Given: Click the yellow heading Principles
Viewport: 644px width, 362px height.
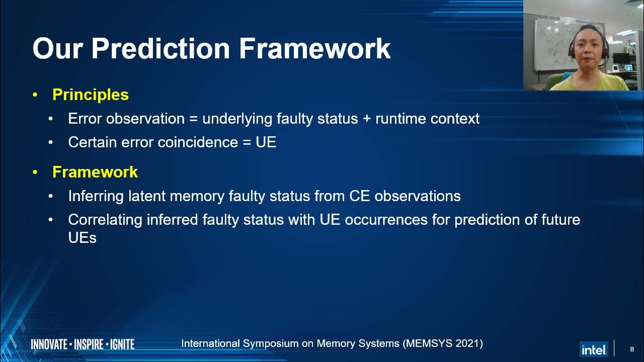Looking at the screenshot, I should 91,95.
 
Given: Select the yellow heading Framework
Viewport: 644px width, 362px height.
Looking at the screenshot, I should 95,172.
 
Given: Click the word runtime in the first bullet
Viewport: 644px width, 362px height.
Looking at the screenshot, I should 400,119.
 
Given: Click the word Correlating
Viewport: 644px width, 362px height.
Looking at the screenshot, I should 105,220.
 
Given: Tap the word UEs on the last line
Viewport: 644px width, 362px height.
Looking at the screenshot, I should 82,238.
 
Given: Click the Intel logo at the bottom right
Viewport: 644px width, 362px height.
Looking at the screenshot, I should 594,348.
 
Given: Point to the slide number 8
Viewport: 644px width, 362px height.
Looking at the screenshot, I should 632,349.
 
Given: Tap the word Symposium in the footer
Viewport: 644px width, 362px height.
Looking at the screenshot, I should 270,343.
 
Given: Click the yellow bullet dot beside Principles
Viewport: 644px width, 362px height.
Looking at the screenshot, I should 35,95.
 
